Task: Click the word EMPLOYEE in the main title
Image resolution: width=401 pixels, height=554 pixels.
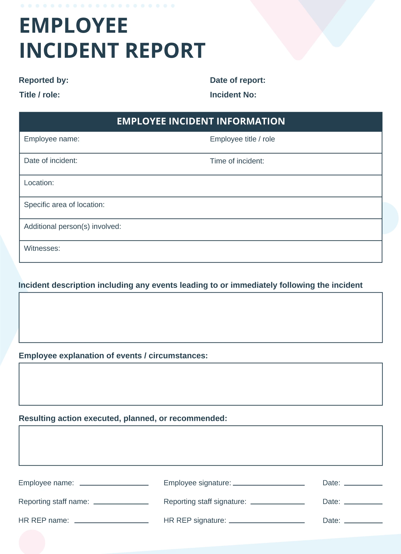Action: (x=73, y=26)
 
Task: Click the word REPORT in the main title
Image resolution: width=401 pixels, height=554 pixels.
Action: (x=165, y=51)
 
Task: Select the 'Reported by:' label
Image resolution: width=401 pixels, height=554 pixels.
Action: (x=44, y=81)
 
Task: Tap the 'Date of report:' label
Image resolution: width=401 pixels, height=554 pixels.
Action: (x=238, y=81)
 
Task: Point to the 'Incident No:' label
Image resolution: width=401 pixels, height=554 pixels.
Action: (x=233, y=95)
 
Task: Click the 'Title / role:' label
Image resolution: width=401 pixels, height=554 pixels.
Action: (x=39, y=95)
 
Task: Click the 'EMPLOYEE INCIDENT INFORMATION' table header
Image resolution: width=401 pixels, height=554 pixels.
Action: (x=201, y=121)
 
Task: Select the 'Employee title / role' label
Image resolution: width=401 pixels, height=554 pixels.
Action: (x=242, y=139)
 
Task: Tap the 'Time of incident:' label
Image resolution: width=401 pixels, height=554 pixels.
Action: (x=237, y=161)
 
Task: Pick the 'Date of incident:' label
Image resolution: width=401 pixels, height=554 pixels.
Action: (x=51, y=161)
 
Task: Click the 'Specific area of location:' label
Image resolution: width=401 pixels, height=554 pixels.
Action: (x=64, y=205)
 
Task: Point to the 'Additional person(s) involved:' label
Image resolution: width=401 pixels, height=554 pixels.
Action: (x=72, y=227)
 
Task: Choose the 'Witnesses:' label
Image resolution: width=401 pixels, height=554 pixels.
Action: (x=42, y=249)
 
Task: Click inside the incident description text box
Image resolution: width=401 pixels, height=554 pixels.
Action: (x=201, y=318)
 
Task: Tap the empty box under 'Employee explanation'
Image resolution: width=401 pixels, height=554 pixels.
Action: (x=201, y=384)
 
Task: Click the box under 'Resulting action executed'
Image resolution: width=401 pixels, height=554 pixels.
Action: (x=201, y=446)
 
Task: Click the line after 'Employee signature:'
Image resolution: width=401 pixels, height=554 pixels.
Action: (x=269, y=484)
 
